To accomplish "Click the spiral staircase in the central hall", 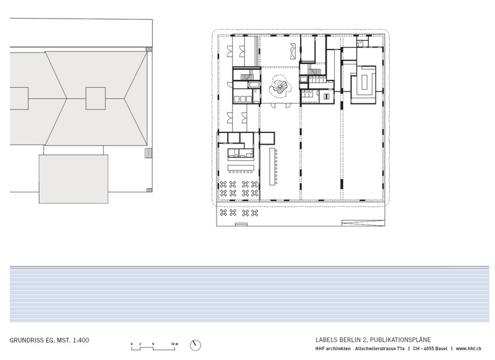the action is [x=280, y=87].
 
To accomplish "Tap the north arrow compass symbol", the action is [x=196, y=345].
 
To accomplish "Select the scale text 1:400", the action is [x=81, y=340].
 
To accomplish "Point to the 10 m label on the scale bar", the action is [x=174, y=344].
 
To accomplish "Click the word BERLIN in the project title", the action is [x=350, y=340].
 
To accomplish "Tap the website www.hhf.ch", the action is [x=468, y=349].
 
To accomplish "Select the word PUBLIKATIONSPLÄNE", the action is [x=400, y=340].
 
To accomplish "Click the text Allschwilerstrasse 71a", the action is [x=380, y=349].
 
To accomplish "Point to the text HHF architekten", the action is [x=333, y=349].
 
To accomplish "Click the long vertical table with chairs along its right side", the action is [x=273, y=166].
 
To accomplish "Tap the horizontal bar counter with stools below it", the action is [x=241, y=168].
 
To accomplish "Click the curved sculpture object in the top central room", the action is [x=293, y=51].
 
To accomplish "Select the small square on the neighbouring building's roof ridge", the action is [x=96, y=98].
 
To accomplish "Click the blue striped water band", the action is [x=249, y=294].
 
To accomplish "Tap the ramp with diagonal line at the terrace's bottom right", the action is [x=363, y=223].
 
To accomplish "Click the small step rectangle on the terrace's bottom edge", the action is [x=241, y=225].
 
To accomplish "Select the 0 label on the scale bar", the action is [x=132, y=344].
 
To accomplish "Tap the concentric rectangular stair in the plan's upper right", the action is [x=364, y=84].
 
